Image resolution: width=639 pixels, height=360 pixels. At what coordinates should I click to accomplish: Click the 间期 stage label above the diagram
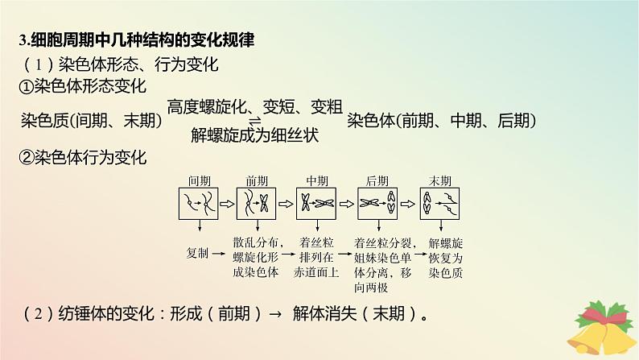pos(197,180)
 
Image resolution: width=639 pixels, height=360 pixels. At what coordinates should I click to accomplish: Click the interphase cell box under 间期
pos(197,205)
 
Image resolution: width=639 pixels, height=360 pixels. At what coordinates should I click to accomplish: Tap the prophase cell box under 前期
pos(258,205)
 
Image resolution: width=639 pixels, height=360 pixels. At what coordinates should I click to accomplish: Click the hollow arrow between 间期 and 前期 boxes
pos(228,205)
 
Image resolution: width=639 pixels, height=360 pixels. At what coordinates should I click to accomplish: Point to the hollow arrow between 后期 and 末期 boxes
pos(409,205)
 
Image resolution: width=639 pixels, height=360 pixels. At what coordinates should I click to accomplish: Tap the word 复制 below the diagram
pos(197,253)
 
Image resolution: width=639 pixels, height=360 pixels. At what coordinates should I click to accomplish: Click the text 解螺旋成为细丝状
pos(256,135)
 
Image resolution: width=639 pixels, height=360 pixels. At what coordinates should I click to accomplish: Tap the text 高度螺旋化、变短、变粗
pos(256,106)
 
